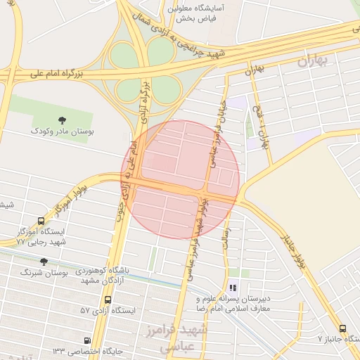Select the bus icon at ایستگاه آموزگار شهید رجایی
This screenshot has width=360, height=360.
tap(40, 221)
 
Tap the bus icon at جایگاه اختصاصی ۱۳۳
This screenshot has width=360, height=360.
tap(87, 341)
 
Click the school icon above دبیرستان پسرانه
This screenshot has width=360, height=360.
tap(233, 287)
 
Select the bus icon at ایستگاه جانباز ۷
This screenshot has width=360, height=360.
tap(342, 328)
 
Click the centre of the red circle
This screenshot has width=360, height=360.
tap(181, 179)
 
